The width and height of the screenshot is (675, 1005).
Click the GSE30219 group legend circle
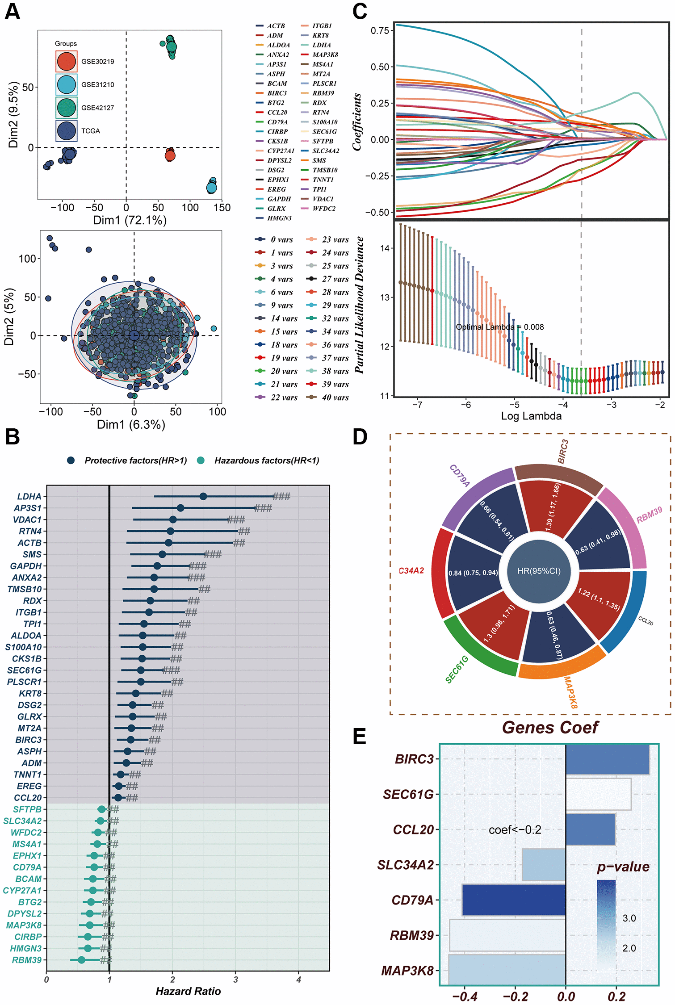[66, 62]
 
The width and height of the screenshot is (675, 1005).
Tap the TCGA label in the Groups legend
[90, 131]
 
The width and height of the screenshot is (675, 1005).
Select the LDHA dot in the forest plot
[203, 496]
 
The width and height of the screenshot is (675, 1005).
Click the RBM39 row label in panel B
[27, 960]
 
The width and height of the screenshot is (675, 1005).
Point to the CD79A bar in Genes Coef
[514, 900]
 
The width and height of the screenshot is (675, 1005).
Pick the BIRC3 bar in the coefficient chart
[607, 759]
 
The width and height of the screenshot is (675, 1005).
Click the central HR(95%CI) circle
[539, 571]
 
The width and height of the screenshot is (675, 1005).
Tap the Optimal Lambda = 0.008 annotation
[499, 327]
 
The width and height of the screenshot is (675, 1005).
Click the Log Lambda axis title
[531, 416]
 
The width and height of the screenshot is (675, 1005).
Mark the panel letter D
[360, 437]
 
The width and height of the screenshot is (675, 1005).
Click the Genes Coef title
[550, 728]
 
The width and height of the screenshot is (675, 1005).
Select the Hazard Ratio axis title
[188, 991]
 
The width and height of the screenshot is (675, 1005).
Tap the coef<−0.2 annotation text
[515, 830]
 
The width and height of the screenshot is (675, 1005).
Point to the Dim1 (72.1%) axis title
[130, 220]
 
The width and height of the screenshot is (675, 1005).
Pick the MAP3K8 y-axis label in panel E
[407, 971]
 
